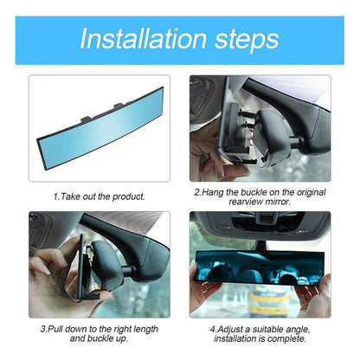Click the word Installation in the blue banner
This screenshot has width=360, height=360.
click(144, 39)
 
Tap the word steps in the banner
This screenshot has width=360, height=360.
click(247, 41)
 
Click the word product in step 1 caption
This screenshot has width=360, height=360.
click(128, 196)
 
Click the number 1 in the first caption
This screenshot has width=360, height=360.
click(56, 196)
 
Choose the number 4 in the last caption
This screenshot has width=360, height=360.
click(213, 330)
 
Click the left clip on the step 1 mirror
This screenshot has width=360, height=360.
click(87, 118)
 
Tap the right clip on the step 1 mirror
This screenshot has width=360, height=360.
click(119, 106)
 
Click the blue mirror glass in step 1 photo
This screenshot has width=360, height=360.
click(101, 128)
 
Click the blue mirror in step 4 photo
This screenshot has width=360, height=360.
click(260, 267)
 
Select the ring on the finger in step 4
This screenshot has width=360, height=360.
click(204, 286)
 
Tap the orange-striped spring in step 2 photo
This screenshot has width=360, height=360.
click(251, 137)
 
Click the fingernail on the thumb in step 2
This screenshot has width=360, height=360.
click(222, 170)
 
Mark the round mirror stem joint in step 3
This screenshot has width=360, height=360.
click(129, 271)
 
